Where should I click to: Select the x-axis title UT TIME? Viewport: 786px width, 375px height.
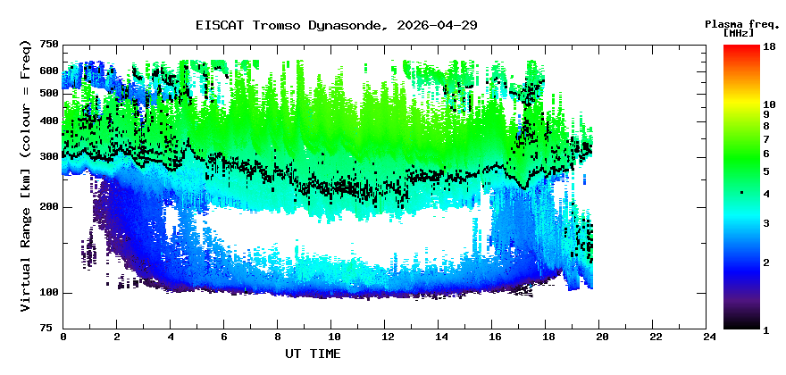[x=313, y=354]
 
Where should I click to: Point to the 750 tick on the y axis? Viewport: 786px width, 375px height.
[x=49, y=45]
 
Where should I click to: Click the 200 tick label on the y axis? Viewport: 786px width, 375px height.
[x=49, y=207]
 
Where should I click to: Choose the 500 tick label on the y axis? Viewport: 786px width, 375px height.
[x=49, y=93]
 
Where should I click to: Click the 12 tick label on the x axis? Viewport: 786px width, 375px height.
[x=387, y=337]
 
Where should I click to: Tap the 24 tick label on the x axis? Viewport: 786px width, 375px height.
[x=709, y=337]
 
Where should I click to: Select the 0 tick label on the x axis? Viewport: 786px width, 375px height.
[x=63, y=337]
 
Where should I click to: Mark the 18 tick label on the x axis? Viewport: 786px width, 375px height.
[x=548, y=337]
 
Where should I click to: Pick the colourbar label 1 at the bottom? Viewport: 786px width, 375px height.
[x=765, y=329]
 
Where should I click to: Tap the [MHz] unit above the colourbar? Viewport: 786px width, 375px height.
[x=739, y=33]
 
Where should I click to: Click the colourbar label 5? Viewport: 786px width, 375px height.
[x=765, y=171]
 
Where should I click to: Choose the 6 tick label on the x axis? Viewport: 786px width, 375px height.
[x=224, y=337]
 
